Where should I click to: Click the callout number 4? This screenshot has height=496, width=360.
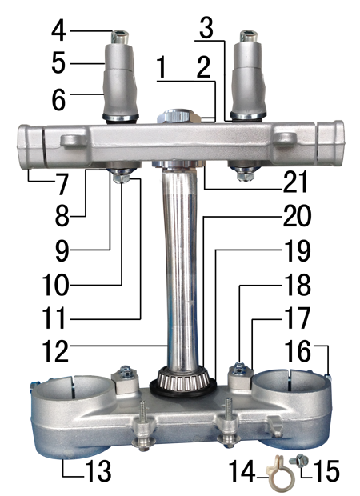click(x=59, y=31)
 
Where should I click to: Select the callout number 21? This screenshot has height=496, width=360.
click(x=295, y=182)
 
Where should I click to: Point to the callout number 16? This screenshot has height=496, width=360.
click(x=298, y=351)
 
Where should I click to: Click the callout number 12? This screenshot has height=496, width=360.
click(x=55, y=351)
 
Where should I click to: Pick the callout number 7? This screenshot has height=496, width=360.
click(x=62, y=185)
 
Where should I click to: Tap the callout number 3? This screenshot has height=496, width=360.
click(x=206, y=29)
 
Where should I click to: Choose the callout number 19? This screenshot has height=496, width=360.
click(x=298, y=251)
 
